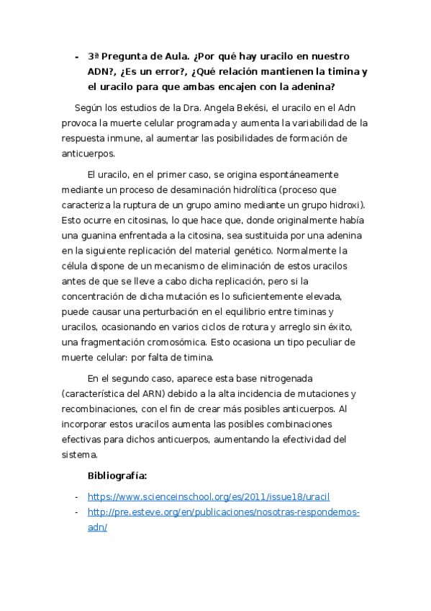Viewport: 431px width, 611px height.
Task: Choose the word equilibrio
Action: (251, 311)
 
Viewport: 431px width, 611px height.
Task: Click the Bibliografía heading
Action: (117, 476)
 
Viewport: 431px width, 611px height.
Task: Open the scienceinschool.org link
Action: (209, 496)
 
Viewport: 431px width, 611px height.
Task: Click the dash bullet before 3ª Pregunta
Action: (76, 56)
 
